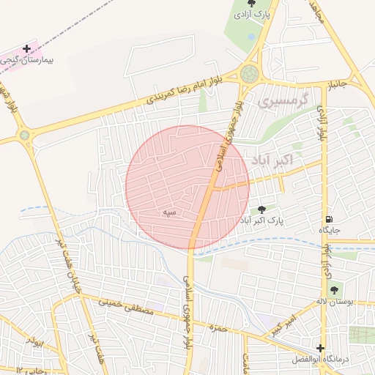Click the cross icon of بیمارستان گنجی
coord(27,48)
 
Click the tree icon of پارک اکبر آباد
coord(261,209)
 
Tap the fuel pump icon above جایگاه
coord(329,219)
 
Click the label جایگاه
coord(330,230)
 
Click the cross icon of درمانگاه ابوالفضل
coord(319,348)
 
